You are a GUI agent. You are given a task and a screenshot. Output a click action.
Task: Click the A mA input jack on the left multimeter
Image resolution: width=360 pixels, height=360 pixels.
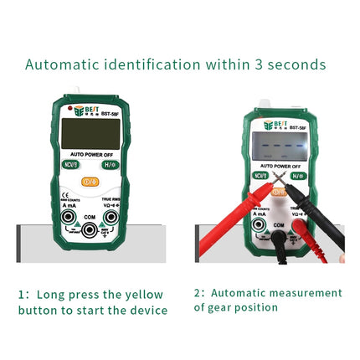click(x=67, y=219)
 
